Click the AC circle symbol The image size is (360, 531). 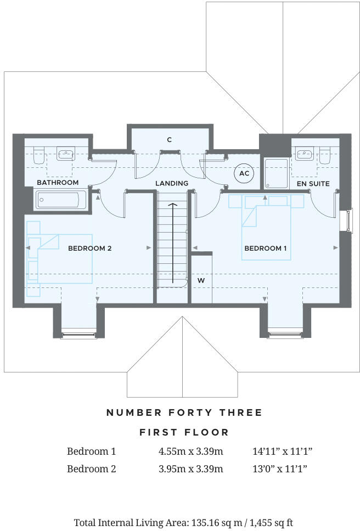[x=244, y=173]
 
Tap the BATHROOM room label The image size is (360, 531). [x=58, y=182]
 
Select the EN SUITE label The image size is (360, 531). [x=313, y=184]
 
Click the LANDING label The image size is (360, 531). [x=172, y=183]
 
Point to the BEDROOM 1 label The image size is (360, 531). [x=266, y=248]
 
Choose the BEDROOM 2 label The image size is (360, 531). [x=90, y=248]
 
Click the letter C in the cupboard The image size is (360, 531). [x=170, y=140]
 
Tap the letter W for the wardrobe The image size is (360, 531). [x=201, y=280]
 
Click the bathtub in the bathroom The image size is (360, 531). [x=60, y=200]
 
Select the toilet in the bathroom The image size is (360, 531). [x=38, y=155]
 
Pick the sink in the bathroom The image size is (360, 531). [x=65, y=153]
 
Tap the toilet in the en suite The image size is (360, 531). [x=326, y=155]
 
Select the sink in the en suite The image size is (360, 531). [x=303, y=153]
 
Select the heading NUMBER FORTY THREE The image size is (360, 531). [x=184, y=413]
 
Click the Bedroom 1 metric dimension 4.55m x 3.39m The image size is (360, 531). [x=190, y=451]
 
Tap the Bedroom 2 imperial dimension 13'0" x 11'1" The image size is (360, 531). [x=279, y=469]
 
